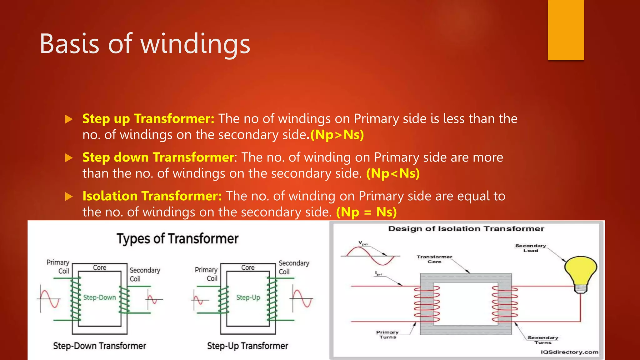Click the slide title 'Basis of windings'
[x=145, y=44]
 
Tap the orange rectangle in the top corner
[x=566, y=30]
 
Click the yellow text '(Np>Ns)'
[x=337, y=135]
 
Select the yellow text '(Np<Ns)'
[x=393, y=173]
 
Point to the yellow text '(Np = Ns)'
[x=366, y=212]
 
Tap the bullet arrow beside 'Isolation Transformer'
[x=69, y=197]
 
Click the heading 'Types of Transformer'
[x=177, y=239]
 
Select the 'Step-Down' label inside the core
[x=99, y=297]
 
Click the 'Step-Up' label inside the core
[x=248, y=297]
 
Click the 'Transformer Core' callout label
[x=434, y=259]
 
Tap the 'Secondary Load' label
[x=531, y=248]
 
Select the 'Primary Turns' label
[x=387, y=334]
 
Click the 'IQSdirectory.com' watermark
[x=569, y=352]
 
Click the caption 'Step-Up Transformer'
[x=247, y=346]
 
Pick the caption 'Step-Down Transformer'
[x=99, y=346]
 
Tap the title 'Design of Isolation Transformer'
[x=466, y=229]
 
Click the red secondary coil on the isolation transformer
[x=505, y=304]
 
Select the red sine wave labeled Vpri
[x=370, y=256]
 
